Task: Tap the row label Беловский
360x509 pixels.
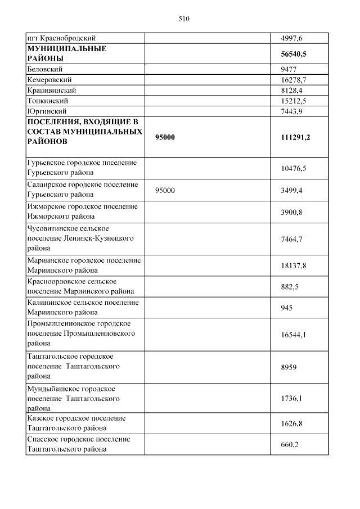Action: [44, 69]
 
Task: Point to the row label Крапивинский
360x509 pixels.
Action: [51, 90]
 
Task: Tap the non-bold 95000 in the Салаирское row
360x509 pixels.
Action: [165, 190]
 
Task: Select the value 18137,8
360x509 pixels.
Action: [293, 265]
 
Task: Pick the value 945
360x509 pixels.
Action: [286, 308]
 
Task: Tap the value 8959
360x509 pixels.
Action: [288, 367]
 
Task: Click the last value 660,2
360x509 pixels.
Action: [289, 444]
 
